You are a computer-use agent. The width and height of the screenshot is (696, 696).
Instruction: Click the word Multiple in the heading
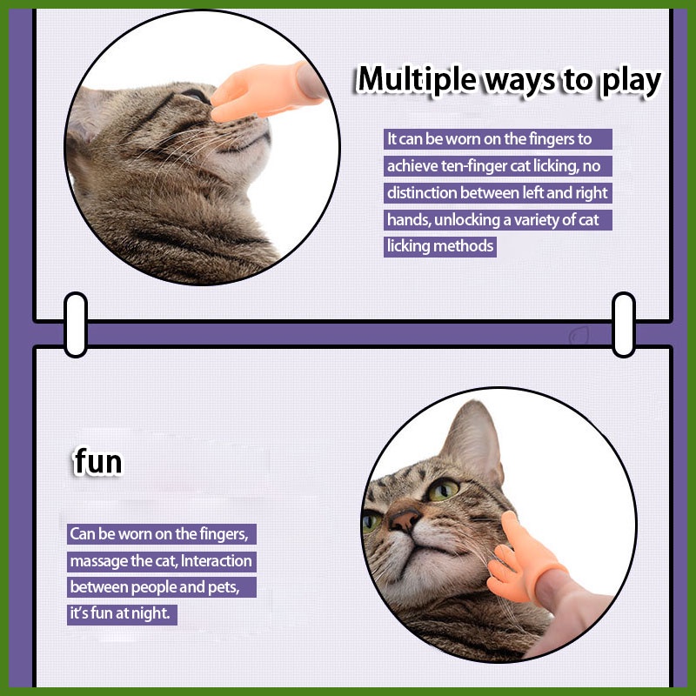417,79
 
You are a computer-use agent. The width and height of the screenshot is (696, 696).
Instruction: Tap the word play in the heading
632,82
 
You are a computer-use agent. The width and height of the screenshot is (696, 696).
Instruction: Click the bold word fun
98,462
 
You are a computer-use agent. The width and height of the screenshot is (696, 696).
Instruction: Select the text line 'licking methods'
440,246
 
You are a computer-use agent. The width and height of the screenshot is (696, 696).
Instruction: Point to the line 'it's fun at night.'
120,614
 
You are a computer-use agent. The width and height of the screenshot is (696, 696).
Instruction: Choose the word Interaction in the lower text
216,560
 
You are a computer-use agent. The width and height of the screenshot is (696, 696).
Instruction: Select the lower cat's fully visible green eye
442,490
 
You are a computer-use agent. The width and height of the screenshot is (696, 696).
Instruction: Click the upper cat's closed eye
194,96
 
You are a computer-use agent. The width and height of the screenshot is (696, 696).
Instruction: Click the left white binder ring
76,325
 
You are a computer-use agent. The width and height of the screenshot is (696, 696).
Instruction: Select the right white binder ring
624,325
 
